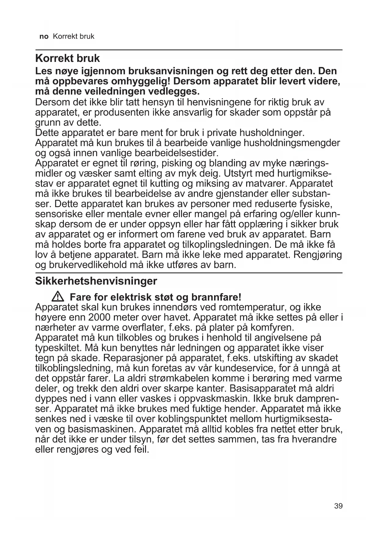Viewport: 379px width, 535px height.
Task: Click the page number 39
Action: [x=338, y=506]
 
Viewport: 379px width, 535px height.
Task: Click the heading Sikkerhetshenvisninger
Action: [x=96, y=281]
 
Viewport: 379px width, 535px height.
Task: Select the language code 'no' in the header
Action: [x=44, y=37]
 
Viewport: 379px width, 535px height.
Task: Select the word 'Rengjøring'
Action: [x=318, y=254]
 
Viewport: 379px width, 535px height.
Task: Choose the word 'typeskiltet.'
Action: [x=59, y=348]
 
